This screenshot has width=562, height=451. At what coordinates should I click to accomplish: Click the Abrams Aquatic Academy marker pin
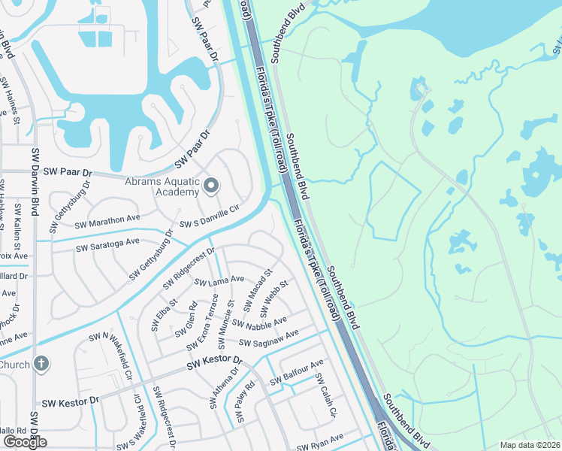click(x=211, y=185)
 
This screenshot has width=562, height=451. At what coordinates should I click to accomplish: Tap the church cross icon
click(x=41, y=365)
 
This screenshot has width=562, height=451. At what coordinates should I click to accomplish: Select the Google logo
click(x=25, y=442)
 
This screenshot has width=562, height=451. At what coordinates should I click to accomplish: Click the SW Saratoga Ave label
click(x=107, y=244)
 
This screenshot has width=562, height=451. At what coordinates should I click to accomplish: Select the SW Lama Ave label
click(x=219, y=280)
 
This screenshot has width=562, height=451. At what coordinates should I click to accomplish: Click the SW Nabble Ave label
click(x=259, y=322)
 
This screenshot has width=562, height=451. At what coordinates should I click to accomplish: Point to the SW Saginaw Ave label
click(x=269, y=338)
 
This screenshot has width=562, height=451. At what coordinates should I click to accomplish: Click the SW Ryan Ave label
click(x=321, y=437)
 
